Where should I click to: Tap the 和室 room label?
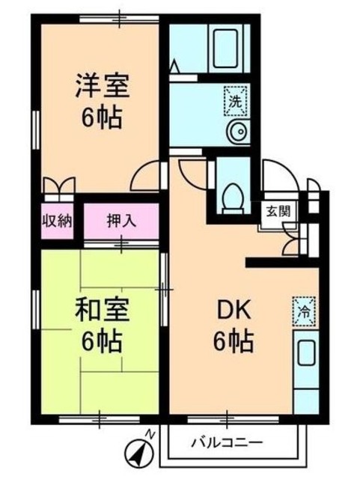click(x=101, y=308)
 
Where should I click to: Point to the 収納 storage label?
click(x=56, y=221)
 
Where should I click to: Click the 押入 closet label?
click(x=120, y=221)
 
